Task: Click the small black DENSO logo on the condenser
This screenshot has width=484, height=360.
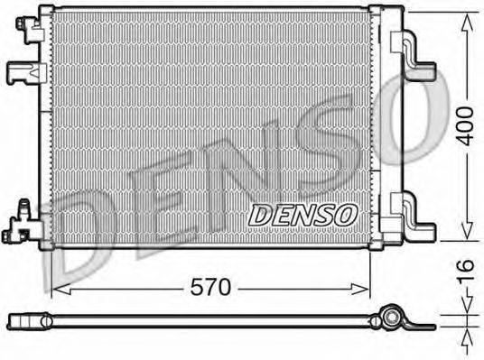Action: coord(302,214)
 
